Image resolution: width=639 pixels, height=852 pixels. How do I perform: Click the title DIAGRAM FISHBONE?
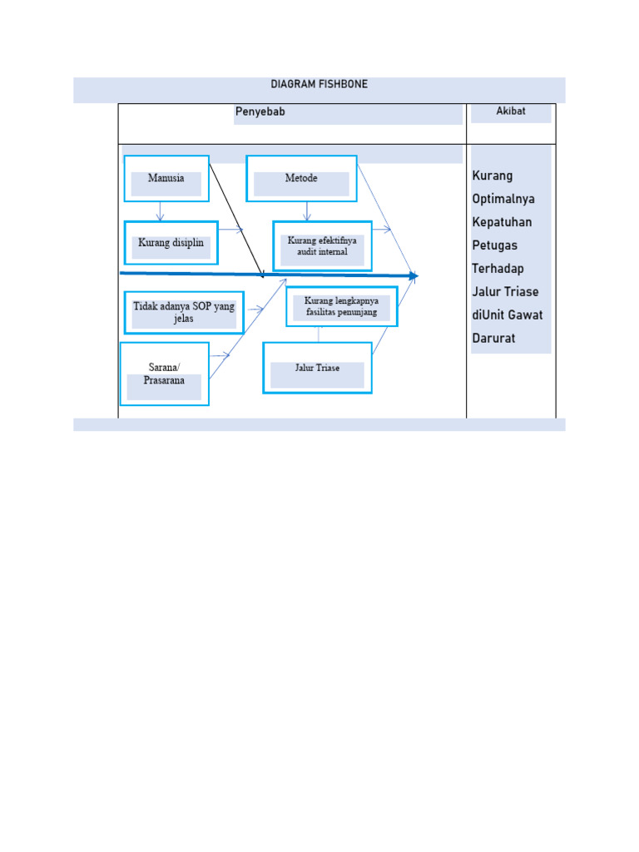319,85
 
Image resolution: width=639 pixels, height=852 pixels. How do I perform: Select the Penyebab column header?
260,112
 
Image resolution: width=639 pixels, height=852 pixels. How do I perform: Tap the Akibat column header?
511,111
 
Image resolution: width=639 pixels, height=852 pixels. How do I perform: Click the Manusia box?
166,178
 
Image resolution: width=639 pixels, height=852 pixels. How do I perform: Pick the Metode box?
301,178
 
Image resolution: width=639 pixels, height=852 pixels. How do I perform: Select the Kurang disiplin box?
171,243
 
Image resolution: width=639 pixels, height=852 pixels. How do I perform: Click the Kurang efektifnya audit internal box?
322,245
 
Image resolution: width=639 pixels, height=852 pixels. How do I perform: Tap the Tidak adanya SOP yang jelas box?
184,312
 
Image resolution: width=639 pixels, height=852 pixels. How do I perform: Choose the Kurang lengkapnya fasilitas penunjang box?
341,306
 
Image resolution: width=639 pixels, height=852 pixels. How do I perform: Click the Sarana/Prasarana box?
164,374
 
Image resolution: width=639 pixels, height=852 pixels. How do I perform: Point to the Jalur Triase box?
317,368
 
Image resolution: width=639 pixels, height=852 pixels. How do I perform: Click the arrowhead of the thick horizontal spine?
413,275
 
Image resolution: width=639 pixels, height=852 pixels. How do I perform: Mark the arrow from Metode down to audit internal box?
308,211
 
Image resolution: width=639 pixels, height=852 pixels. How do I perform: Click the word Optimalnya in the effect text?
503,199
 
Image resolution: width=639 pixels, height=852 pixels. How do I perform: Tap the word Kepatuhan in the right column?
502,222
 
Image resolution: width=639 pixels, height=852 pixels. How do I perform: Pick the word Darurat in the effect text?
493,338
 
